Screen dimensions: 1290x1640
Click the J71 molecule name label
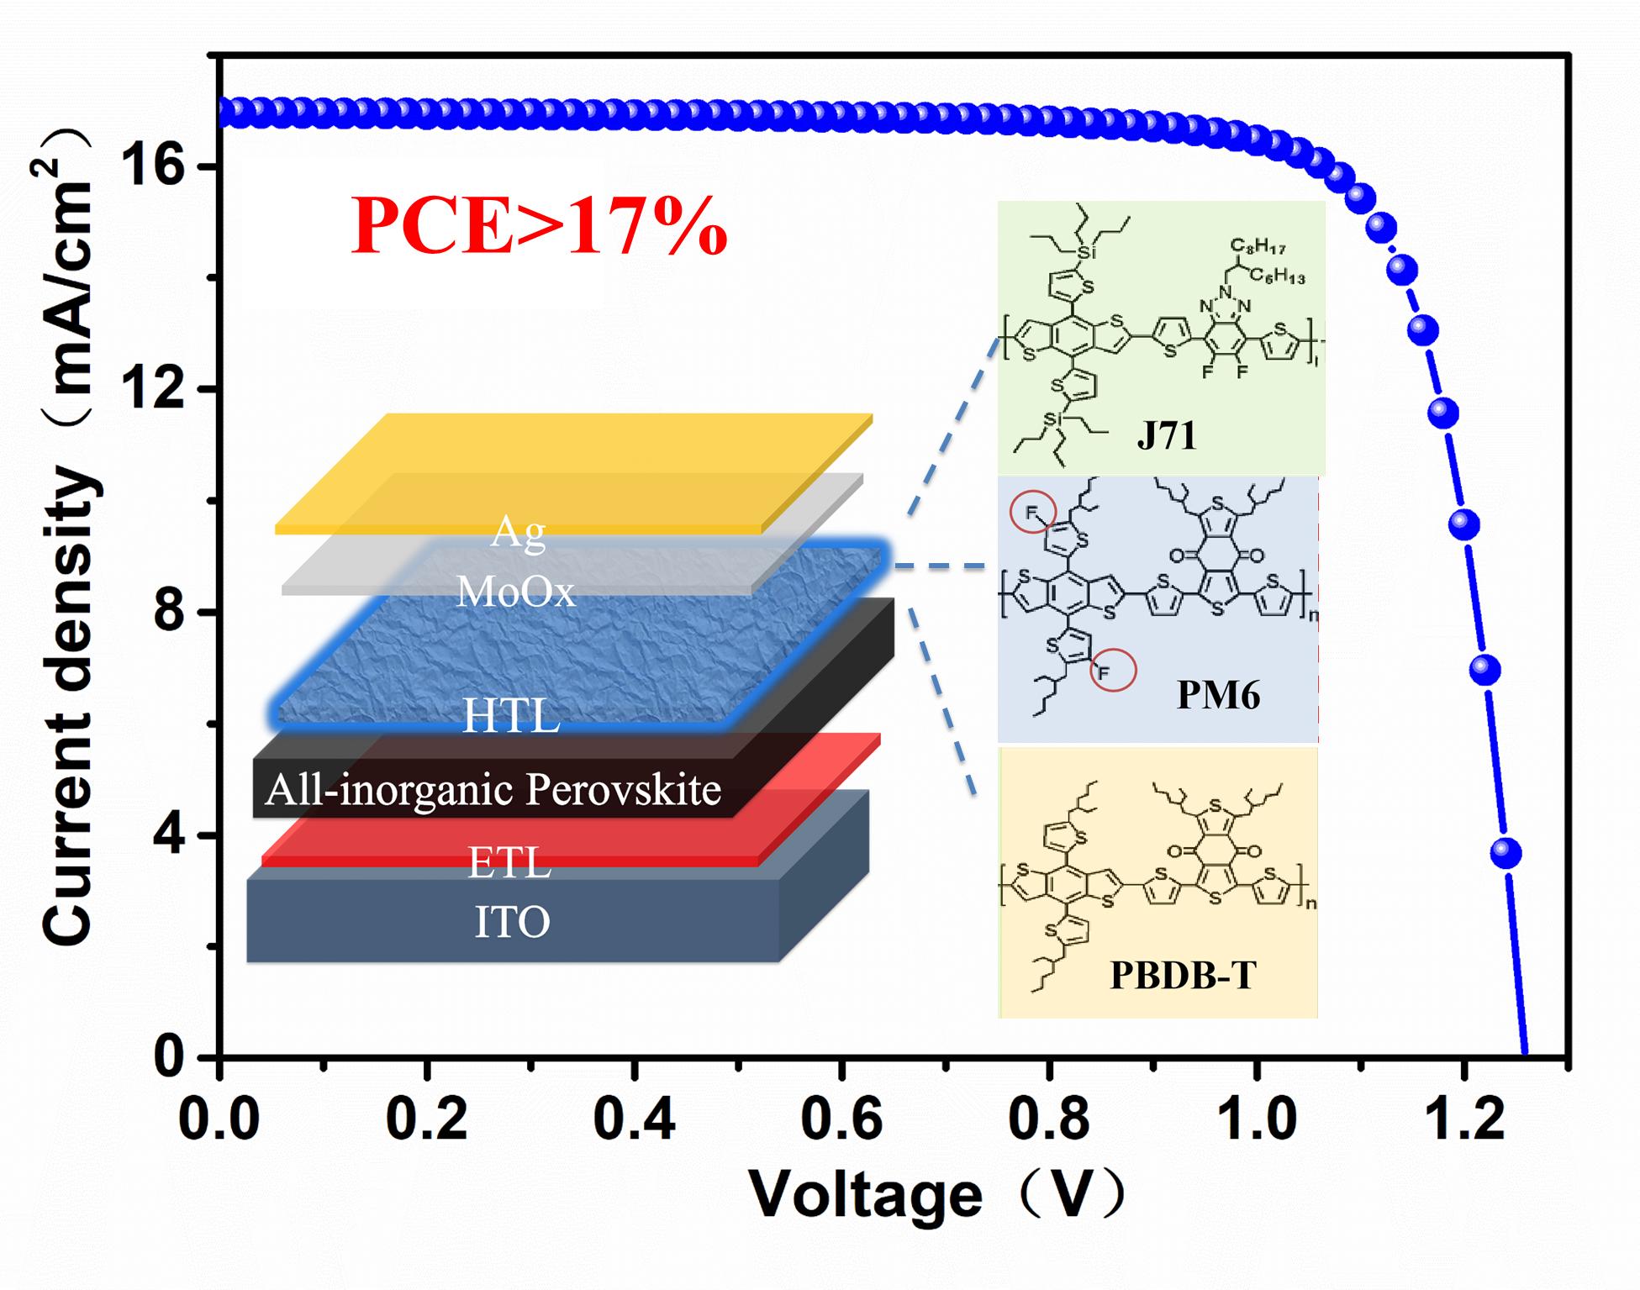pos(1166,435)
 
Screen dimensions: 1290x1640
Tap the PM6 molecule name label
pos(1218,696)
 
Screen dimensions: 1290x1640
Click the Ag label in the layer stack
pos(518,531)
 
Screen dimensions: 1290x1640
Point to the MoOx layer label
pos(515,592)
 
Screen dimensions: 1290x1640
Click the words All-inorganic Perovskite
pos(493,790)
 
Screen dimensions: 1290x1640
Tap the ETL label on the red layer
pos(509,863)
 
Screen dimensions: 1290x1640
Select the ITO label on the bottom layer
pos(512,922)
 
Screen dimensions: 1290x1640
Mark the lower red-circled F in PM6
pos(1102,671)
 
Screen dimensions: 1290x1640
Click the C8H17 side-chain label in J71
pos(1258,246)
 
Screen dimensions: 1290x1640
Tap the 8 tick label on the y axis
pos(168,612)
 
